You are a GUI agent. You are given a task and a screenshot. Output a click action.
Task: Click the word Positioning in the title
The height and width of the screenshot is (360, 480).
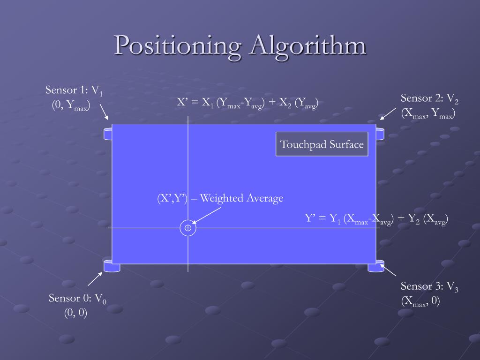(178, 46)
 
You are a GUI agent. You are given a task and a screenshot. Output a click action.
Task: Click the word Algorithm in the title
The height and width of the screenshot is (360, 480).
(308, 46)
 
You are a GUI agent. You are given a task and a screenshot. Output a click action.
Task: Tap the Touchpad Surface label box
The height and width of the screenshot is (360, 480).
(322, 144)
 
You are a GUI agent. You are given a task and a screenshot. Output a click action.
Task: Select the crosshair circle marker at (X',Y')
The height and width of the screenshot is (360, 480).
(187, 228)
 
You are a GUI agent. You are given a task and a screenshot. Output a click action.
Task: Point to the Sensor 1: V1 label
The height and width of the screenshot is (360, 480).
(74, 90)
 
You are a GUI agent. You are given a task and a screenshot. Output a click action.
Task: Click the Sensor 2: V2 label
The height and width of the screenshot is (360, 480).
(429, 99)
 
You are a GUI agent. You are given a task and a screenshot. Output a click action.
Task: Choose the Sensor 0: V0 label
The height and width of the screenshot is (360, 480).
(77, 299)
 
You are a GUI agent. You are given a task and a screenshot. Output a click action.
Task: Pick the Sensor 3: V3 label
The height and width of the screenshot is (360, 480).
(429, 287)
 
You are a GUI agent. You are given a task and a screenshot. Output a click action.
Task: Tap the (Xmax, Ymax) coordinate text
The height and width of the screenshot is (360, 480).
(427, 113)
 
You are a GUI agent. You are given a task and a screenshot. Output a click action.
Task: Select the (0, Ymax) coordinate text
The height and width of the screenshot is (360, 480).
(71, 105)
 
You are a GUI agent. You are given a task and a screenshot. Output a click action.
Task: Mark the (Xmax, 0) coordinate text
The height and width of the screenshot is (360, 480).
(420, 301)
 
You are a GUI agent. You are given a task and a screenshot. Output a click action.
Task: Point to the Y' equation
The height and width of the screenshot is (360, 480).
(376, 219)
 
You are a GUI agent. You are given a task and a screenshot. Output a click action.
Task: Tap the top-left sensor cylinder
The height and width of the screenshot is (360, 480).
(107, 133)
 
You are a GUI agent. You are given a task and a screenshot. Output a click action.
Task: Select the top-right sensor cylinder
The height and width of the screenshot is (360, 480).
(380, 133)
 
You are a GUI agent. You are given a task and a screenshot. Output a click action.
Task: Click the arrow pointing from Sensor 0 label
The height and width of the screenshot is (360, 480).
(95, 279)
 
